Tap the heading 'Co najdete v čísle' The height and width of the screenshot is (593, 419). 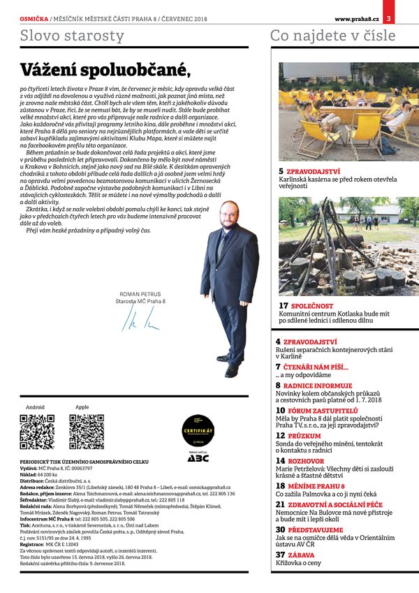coord(332,36)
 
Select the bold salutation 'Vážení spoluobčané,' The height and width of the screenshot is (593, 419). coord(105,70)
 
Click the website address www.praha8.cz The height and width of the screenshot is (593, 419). coord(356,7)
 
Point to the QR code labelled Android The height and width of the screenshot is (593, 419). coord(37,432)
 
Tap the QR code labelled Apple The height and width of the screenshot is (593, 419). coord(87,432)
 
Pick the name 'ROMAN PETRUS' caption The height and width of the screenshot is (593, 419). coord(140,295)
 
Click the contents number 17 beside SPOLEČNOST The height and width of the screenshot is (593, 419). coord(284,306)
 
